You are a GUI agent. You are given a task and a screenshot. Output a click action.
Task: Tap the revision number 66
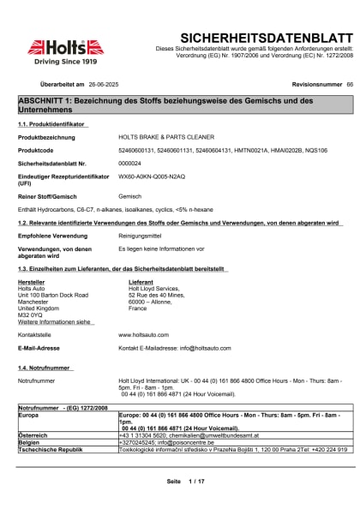(x=350, y=86)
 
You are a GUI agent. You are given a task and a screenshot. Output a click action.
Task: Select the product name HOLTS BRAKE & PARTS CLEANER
(x=166, y=137)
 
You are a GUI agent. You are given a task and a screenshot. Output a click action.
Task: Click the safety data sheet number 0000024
(x=129, y=162)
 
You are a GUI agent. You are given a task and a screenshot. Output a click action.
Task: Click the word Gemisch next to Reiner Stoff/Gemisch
(x=129, y=196)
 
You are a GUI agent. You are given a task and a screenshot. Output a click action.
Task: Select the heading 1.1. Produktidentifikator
(x=51, y=124)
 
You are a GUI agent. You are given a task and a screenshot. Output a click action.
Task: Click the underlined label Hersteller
(x=32, y=281)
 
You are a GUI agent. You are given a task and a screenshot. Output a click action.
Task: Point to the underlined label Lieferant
(x=141, y=281)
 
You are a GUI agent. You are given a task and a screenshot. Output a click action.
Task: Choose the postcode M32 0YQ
(x=32, y=314)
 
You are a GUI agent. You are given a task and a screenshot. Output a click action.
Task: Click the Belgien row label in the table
(x=31, y=442)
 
